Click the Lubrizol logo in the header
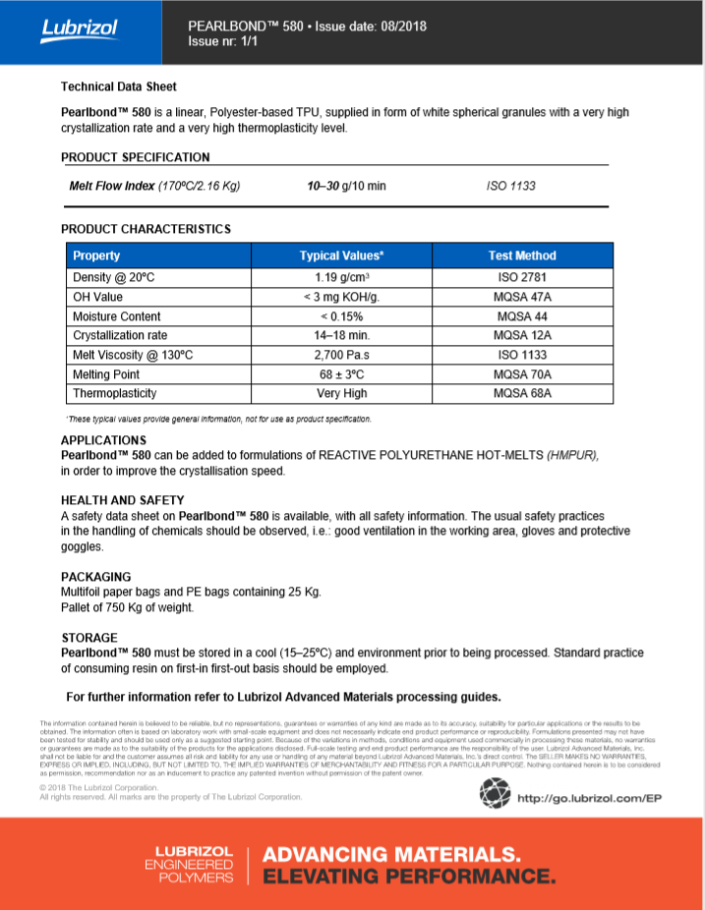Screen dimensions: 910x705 tap(79, 28)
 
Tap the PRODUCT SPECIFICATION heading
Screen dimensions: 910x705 tap(135, 157)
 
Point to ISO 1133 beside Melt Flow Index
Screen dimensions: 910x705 tap(510, 186)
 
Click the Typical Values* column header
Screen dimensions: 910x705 tap(341, 256)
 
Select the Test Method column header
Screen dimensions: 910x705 tap(521, 256)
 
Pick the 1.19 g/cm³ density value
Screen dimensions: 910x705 tap(341, 277)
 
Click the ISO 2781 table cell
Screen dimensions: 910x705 tap(521, 277)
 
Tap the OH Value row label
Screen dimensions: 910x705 tap(97, 297)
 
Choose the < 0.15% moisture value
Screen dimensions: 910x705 tap(341, 316)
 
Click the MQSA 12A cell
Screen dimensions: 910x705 tap(521, 335)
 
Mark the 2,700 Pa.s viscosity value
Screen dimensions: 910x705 tap(341, 355)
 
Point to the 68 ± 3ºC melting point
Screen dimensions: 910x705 tap(341, 374)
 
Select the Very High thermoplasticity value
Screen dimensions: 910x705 tap(341, 393)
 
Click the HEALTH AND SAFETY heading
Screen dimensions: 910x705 tap(122, 500)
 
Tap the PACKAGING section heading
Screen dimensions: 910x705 tap(95, 577)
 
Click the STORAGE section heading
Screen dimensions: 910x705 tap(88, 638)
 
